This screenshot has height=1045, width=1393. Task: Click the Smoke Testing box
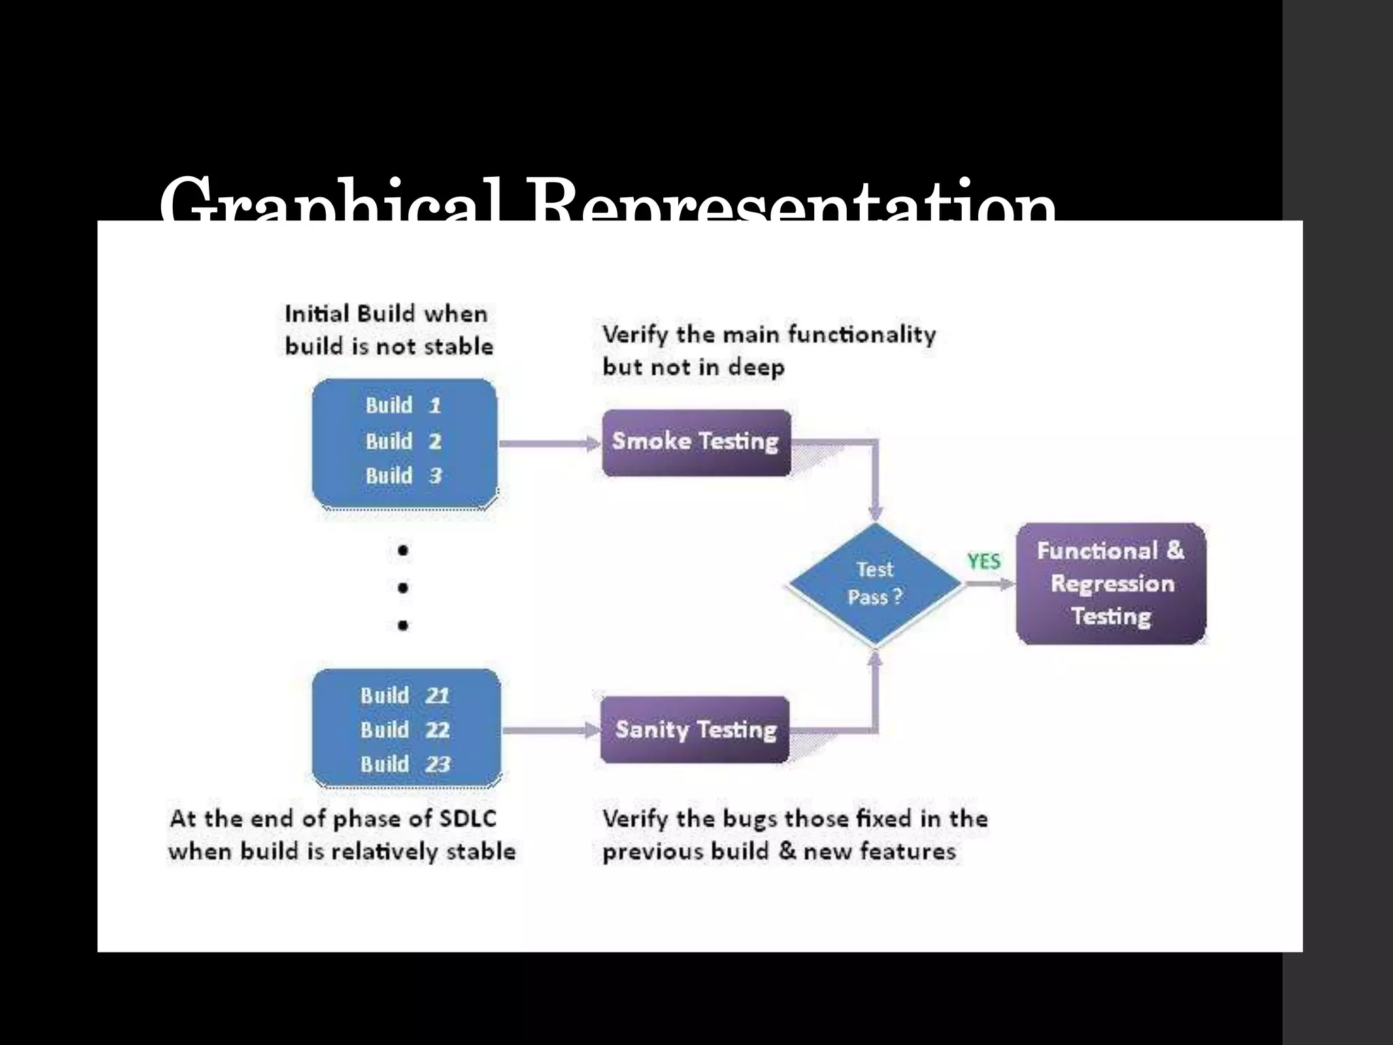(696, 442)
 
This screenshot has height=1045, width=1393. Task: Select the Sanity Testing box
(695, 730)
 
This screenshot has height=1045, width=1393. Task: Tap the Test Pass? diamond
(875, 584)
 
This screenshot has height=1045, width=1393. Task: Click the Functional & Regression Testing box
(1111, 584)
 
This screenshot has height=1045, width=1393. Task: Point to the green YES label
(984, 561)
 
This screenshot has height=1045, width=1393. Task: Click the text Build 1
(403, 405)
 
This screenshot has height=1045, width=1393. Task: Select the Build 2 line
(403, 441)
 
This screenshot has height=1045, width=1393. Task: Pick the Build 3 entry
(403, 476)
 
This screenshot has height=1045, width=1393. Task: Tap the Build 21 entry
(405, 695)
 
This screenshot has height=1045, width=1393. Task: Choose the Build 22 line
(405, 730)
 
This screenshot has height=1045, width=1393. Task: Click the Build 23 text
(405, 764)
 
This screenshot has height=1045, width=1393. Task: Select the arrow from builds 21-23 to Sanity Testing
(551, 731)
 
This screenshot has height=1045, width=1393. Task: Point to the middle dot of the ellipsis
(403, 587)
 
